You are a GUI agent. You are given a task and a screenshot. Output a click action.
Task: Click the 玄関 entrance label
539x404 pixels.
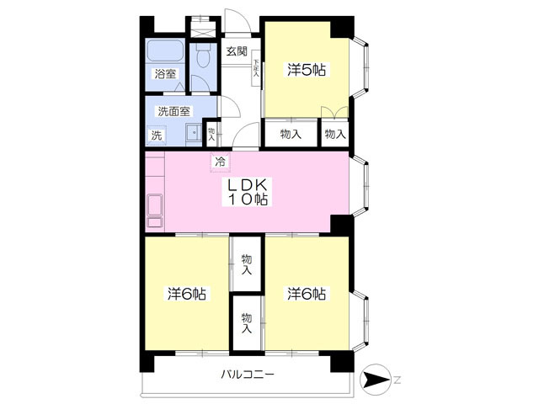(237, 51)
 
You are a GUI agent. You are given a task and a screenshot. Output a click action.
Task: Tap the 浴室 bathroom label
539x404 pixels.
(165, 74)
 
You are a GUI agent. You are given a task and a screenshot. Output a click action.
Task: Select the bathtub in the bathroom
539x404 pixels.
(165, 50)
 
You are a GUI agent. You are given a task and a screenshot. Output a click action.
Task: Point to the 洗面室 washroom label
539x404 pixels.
(174, 111)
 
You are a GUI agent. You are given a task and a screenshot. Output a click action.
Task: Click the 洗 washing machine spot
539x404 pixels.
(157, 135)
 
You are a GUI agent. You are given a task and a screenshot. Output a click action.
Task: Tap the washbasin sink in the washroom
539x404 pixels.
(195, 133)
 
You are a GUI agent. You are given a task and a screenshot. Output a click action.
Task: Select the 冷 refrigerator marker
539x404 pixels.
(221, 162)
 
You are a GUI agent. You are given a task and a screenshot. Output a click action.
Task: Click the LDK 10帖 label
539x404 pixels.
(248, 192)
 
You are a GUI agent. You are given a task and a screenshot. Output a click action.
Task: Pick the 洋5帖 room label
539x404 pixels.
(307, 70)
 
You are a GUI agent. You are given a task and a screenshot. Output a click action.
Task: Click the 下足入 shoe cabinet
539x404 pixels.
(256, 68)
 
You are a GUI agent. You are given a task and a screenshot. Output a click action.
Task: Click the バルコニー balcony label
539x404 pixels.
(247, 374)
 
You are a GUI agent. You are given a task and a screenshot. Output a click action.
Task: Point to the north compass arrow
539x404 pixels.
(376, 380)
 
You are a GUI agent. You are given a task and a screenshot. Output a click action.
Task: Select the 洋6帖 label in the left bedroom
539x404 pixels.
(187, 294)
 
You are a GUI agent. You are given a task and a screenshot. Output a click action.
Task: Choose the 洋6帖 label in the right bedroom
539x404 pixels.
(307, 294)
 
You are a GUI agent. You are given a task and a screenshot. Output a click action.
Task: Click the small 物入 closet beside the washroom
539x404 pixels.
(211, 133)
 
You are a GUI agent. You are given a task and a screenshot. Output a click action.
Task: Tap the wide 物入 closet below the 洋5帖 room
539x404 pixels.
(291, 133)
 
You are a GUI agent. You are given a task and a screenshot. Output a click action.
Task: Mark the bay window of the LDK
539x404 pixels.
(360, 185)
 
